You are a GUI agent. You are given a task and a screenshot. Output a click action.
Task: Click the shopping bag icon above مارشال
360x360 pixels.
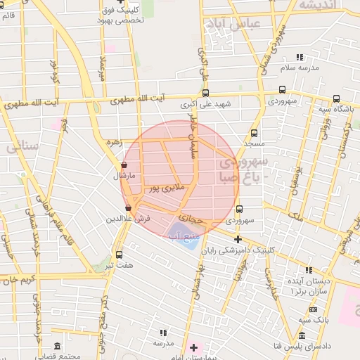pyautogui.click(x=124, y=165)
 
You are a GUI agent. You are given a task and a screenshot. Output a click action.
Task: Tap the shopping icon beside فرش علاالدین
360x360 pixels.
pyautogui.click(x=128, y=208)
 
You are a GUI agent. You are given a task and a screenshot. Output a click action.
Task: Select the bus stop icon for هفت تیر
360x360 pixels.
pyautogui.click(x=119, y=255)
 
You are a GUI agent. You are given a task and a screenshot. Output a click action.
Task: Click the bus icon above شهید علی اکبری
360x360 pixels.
pyautogui.click(x=205, y=93)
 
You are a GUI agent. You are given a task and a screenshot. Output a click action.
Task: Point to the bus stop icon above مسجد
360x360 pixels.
pyautogui.click(x=254, y=132)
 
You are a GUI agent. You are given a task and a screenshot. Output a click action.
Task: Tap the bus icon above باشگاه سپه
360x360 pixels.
pyautogui.click(x=337, y=98)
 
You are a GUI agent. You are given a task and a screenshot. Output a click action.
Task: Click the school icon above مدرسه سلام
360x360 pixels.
pyautogui.click(x=300, y=57)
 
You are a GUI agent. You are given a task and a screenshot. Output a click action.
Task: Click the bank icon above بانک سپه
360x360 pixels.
pyautogui.click(x=313, y=309)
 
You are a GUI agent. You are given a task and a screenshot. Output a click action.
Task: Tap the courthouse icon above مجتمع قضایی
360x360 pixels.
pyautogui.click(x=58, y=347)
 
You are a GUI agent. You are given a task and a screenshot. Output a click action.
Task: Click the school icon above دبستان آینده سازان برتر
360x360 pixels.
pyautogui.click(x=309, y=270)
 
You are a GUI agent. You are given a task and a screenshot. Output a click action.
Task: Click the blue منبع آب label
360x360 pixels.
pyautogui.click(x=181, y=235)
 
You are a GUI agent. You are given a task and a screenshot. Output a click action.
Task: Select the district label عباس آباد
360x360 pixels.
pyautogui.click(x=231, y=25)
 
